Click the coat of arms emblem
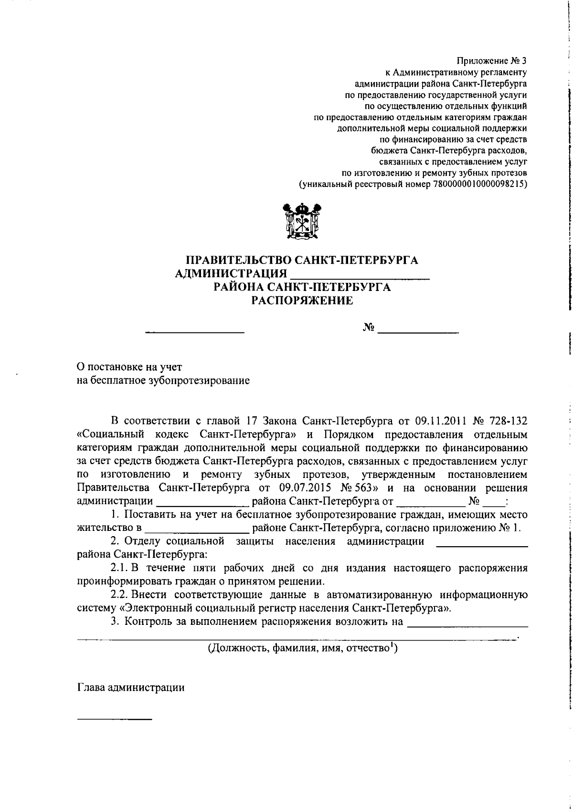pos(301,221)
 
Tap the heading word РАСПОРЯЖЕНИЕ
pos(302,301)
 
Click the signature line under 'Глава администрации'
pos(115,718)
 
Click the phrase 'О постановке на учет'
pos(129,367)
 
